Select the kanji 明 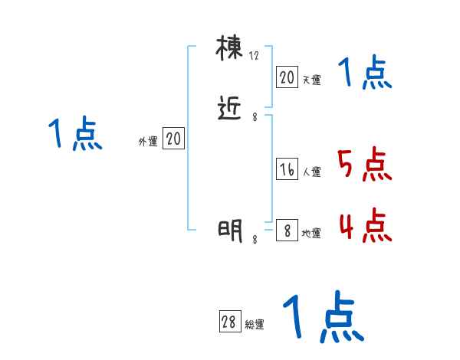tap(230, 230)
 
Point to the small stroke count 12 tap(255, 56)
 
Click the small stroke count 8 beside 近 tap(255, 116)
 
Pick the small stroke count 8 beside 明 tap(255, 240)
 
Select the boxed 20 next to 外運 tap(174, 139)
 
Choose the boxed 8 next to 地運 tap(287, 231)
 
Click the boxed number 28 tap(229, 323)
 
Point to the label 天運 tap(311, 79)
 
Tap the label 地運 tap(311, 233)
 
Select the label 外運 tap(147, 142)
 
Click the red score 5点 tap(363, 165)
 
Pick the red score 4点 tap(363, 226)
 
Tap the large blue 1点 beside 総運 tap(322, 318)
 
